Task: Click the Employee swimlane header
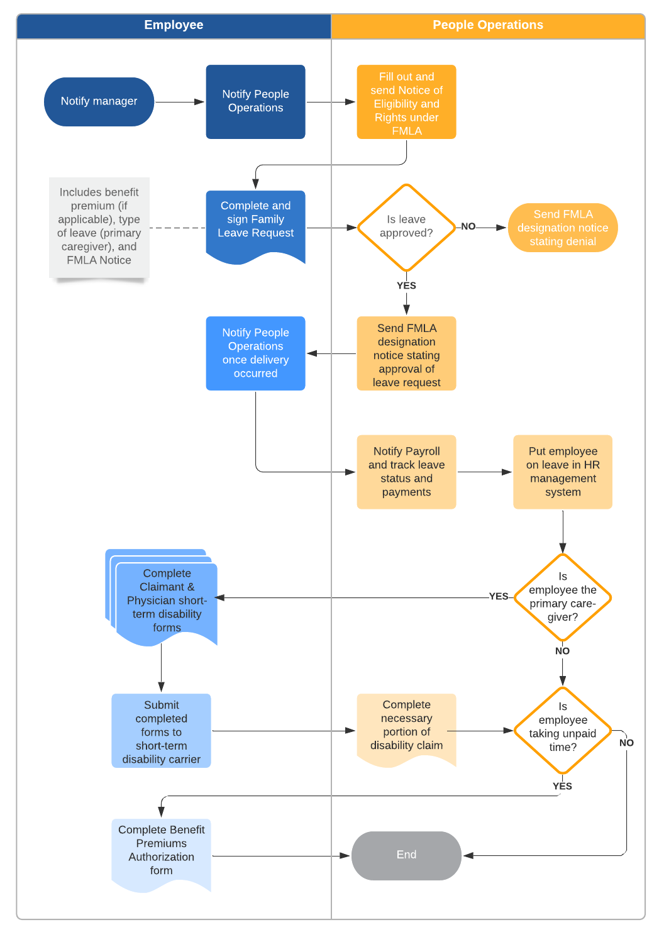[x=174, y=26]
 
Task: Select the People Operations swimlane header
[x=487, y=26]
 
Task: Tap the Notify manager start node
[x=99, y=102]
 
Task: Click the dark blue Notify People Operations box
[x=255, y=102]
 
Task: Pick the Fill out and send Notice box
[x=406, y=103]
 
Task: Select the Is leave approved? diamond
[x=406, y=227]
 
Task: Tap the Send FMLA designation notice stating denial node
[x=562, y=228]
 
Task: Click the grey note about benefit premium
[x=99, y=227]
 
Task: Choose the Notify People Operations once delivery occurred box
[x=255, y=353]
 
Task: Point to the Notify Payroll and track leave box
[x=406, y=472]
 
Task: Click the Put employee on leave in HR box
[x=562, y=472]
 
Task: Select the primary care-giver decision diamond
[x=562, y=597]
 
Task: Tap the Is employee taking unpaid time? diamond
[x=562, y=730]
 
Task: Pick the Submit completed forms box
[x=161, y=731]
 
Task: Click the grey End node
[x=406, y=855]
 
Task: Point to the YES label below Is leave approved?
[x=406, y=286]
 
